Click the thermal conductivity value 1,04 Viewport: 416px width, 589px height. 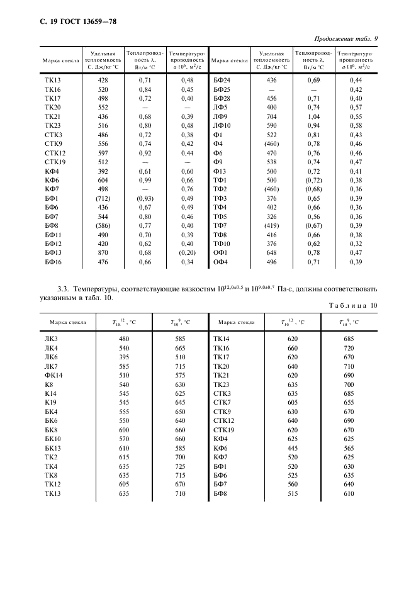pos(313,116)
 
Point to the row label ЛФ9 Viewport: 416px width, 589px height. pos(220,116)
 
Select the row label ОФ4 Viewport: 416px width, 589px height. pos(220,261)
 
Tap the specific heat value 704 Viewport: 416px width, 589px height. pos(272,116)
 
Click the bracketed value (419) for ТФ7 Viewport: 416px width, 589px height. pos(272,225)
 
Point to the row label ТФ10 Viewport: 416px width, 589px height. pos(222,244)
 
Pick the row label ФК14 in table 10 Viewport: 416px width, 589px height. pos(53,374)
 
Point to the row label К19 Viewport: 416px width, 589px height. pos(50,401)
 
